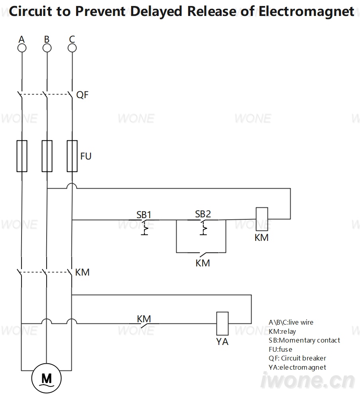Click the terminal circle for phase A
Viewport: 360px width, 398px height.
click(x=22, y=48)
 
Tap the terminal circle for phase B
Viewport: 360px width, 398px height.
click(x=47, y=48)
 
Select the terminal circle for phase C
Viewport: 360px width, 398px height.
click(x=72, y=48)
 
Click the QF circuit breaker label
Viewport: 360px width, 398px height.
click(x=83, y=95)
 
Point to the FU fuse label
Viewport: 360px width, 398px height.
click(x=86, y=156)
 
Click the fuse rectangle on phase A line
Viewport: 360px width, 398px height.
click(x=22, y=156)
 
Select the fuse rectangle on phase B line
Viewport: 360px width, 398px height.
click(x=47, y=156)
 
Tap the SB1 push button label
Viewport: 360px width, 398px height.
click(x=144, y=215)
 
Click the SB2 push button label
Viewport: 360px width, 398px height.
click(x=203, y=214)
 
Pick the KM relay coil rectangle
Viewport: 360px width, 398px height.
click(x=262, y=219)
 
